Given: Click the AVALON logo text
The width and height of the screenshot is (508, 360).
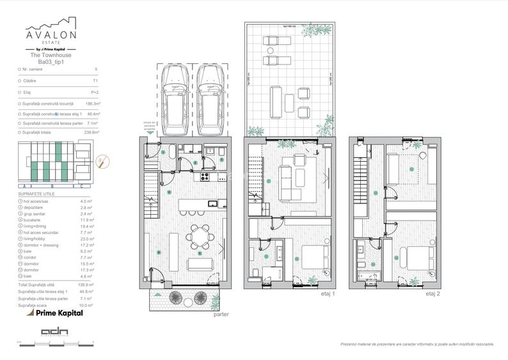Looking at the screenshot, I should tap(51, 33).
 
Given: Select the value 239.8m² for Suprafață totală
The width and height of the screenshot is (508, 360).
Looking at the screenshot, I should tap(91, 132).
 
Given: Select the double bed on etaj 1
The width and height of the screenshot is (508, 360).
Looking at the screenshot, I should tap(312, 256).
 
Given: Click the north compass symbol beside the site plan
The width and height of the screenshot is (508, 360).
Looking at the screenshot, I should tap(99, 161).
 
